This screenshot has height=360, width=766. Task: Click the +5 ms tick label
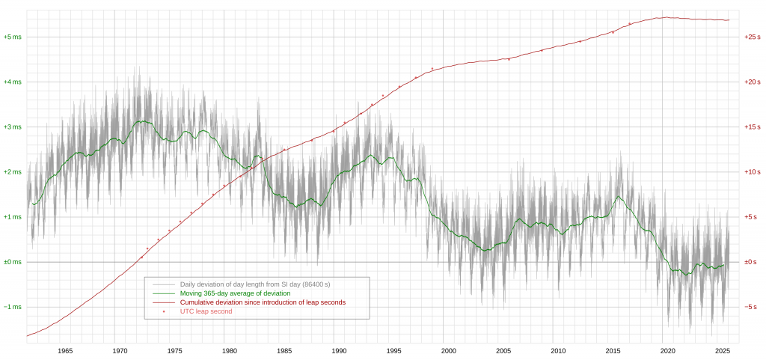point(12,37)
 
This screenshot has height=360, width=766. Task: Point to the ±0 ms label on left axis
point(12,262)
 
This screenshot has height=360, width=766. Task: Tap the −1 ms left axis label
point(12,308)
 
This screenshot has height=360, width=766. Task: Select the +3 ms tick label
point(12,127)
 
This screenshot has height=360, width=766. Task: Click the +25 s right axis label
point(753,37)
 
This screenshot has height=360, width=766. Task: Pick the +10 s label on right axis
point(753,172)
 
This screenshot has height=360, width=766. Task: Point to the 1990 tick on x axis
point(339,351)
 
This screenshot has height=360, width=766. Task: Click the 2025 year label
point(722,351)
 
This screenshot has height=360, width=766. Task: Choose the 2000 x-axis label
point(449,351)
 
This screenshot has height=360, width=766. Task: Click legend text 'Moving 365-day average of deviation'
point(235,293)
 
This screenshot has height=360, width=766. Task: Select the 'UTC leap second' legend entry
point(206,311)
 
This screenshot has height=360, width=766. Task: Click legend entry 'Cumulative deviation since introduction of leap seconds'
point(263,302)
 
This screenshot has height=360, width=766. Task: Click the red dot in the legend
point(164,311)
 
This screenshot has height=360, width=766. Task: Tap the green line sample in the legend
point(164,293)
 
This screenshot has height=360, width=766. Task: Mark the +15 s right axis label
point(753,127)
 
